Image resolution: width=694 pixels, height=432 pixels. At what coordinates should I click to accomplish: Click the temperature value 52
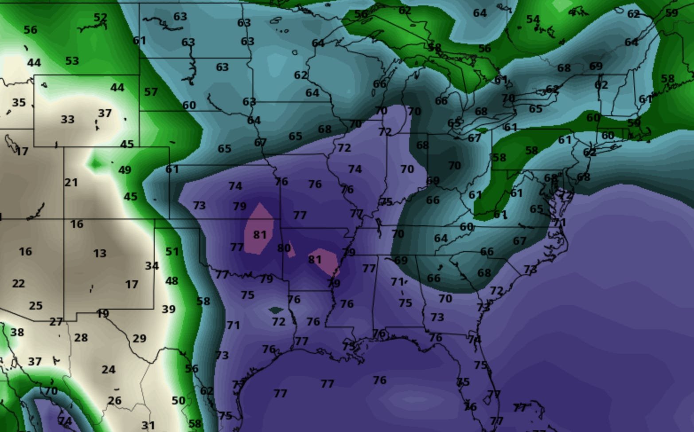tap(101, 18)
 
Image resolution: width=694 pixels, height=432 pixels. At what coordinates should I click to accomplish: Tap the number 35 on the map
tap(19, 102)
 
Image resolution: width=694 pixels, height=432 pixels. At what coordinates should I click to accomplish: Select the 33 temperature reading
tap(67, 119)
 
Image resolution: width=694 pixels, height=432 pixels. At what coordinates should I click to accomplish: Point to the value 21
tap(71, 182)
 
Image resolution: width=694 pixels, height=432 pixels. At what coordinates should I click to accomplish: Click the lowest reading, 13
tap(100, 253)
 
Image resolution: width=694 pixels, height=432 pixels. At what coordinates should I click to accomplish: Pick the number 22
tap(18, 283)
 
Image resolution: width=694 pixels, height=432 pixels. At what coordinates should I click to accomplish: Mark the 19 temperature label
tap(103, 314)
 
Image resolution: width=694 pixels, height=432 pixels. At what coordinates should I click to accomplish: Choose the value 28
tap(81, 338)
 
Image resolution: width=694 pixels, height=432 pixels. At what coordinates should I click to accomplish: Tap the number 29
tap(139, 338)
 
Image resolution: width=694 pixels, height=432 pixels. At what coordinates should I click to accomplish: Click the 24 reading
tap(108, 369)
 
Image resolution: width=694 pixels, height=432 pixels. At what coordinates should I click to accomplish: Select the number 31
tap(148, 426)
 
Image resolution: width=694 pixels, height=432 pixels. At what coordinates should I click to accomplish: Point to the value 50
tap(178, 401)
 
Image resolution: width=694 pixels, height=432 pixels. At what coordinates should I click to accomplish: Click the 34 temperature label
tap(152, 266)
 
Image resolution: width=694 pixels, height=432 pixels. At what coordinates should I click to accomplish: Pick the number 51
tap(172, 251)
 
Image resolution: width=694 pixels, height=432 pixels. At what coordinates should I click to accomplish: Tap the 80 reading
tap(284, 248)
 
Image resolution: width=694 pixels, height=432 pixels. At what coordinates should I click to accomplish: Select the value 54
tap(533, 19)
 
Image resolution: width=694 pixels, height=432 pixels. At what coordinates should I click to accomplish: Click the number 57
tap(151, 92)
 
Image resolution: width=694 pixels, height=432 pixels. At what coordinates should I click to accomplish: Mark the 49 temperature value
tap(125, 169)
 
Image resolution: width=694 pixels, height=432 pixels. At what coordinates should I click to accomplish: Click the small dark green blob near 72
tap(275, 310)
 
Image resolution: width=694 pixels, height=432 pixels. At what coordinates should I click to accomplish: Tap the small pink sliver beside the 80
tap(291, 250)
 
